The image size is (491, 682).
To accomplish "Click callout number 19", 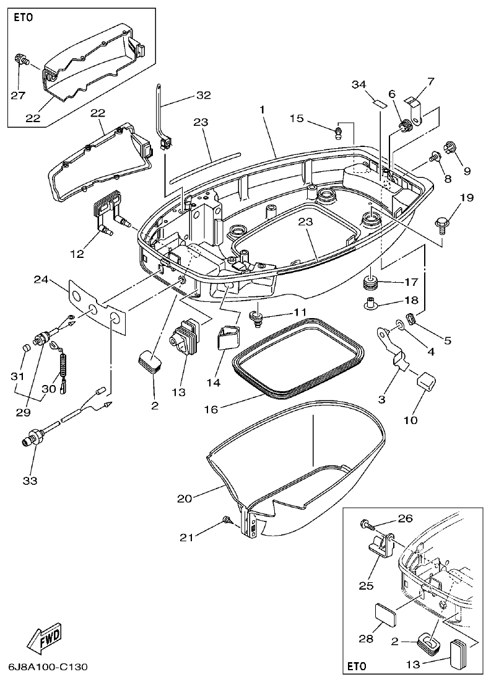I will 466,198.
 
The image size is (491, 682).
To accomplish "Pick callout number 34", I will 359,84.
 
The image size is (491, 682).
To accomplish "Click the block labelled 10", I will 425,380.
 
